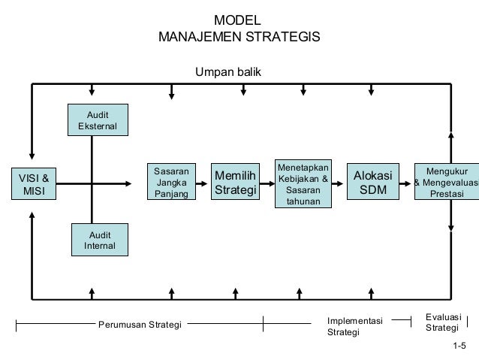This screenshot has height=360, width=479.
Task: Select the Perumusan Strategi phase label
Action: (x=140, y=325)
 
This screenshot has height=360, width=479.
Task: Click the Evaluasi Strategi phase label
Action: (x=442, y=323)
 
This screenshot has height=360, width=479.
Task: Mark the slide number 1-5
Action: (x=459, y=346)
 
